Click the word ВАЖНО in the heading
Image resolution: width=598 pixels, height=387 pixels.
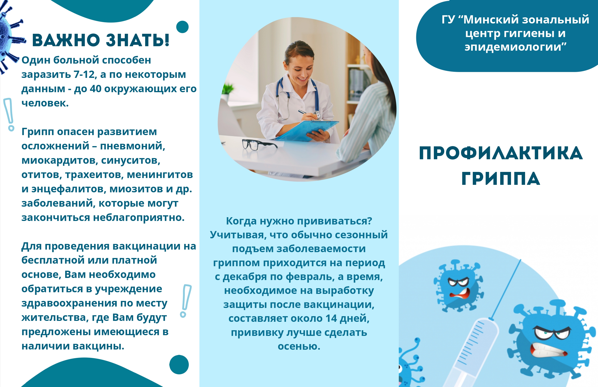[66, 40]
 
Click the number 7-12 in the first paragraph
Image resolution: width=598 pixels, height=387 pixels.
[84, 75]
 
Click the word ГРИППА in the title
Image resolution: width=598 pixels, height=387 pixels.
[501, 179]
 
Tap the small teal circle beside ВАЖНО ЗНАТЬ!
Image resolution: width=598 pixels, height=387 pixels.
[182, 27]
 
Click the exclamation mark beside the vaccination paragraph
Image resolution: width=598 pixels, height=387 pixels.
[185, 301]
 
